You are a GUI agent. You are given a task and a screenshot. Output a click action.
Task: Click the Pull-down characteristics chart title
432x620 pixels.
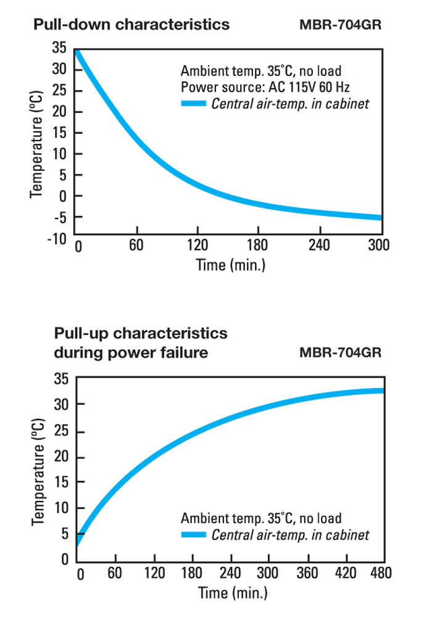pos(131,25)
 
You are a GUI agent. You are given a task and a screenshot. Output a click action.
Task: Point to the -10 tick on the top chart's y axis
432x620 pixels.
pos(57,239)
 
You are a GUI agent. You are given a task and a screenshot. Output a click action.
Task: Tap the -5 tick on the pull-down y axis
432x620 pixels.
pos(62,217)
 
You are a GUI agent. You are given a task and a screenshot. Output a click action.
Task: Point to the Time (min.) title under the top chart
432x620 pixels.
pos(230,266)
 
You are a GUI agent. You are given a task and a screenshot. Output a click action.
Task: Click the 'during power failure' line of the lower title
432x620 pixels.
pos(130,353)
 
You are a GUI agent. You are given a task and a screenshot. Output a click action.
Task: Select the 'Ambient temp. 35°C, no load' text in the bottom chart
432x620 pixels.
pos(261,518)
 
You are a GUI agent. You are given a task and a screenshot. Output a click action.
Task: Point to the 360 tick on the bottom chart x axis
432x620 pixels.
pos(306,574)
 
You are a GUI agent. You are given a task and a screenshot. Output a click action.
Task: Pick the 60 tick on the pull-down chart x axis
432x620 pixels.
pos(136,246)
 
